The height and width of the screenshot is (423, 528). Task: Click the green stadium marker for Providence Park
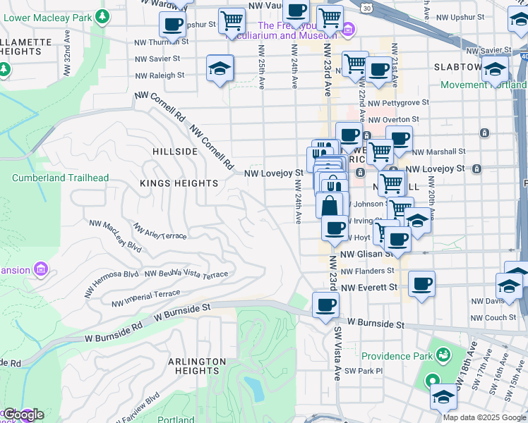pos(443,354)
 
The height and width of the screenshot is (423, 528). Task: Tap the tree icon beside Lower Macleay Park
pos(104,16)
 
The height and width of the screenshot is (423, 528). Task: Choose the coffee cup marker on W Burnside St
pos(325,305)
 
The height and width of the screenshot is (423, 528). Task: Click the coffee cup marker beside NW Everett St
pos(421,284)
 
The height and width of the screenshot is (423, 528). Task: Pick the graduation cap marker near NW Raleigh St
pos(220,69)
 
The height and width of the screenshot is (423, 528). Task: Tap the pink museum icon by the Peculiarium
pos(348,30)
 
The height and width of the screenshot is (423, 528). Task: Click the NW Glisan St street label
pos(366,254)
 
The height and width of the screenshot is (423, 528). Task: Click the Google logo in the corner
pos(23,415)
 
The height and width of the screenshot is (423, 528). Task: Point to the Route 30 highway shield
pos(366,7)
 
